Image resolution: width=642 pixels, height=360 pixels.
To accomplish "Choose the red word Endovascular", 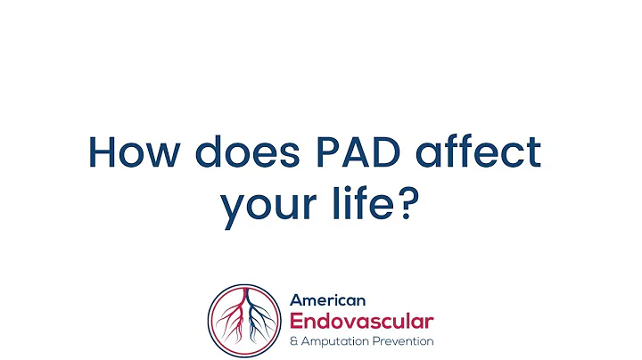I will [x=361, y=321].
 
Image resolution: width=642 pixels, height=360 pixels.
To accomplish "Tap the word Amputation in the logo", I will [x=336, y=341].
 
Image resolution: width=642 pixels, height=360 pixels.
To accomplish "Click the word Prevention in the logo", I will [x=404, y=341].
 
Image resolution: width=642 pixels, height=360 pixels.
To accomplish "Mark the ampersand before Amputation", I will [x=293, y=341].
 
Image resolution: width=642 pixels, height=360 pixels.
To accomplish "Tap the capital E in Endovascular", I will [x=297, y=321].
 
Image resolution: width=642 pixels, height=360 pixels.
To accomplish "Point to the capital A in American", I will [x=295, y=300].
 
